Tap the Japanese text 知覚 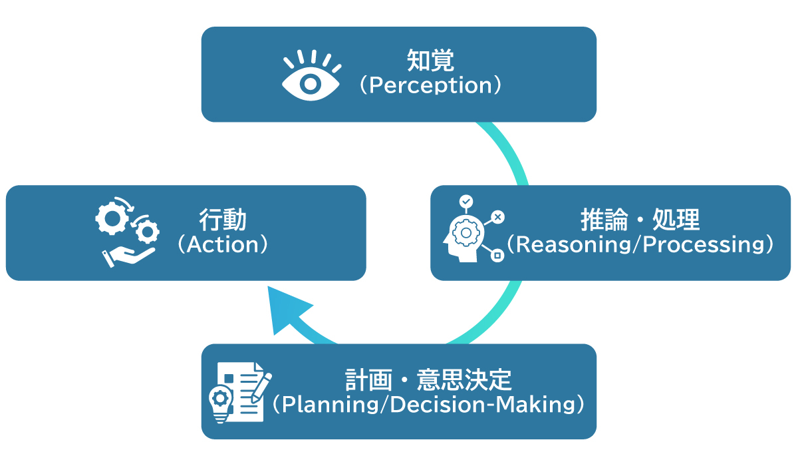(430, 61)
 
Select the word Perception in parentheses (430, 86)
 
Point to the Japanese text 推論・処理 (640, 220)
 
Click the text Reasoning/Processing (640, 245)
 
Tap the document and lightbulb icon (239, 392)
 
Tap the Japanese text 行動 (223, 220)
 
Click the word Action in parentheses (223, 245)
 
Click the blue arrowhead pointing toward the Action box (287, 310)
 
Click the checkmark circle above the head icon (466, 200)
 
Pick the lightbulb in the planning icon (219, 402)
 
